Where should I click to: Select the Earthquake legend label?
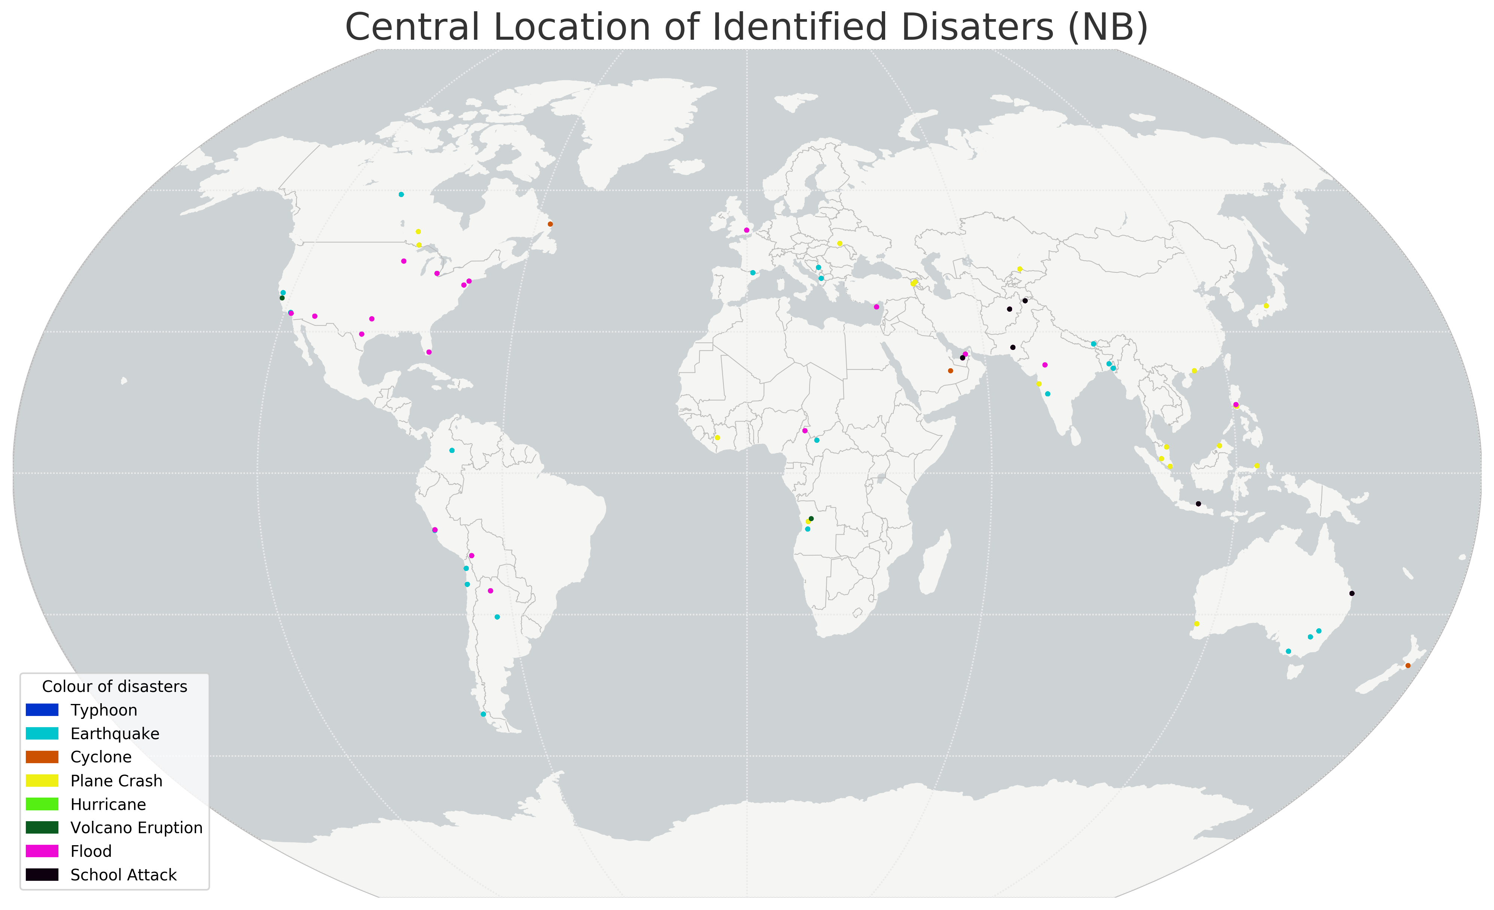point(115,734)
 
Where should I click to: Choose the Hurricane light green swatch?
point(42,804)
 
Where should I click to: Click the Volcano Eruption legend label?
point(136,828)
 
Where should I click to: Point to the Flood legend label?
point(91,851)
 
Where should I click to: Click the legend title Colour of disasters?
point(115,686)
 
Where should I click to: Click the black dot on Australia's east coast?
point(1351,593)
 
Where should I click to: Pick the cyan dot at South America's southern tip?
point(483,714)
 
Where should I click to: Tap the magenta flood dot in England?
point(746,230)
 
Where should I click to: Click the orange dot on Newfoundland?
point(550,224)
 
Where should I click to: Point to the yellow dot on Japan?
point(1266,306)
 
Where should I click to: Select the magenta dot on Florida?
point(429,352)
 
